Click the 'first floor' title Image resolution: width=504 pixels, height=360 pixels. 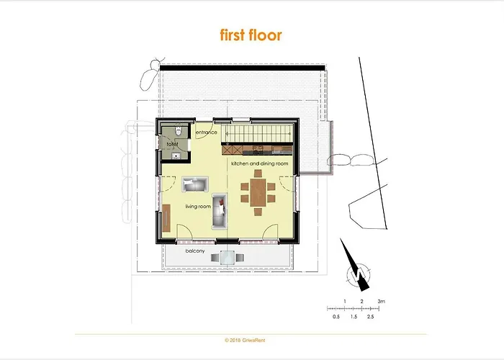pyautogui.click(x=251, y=35)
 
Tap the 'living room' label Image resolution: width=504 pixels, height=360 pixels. pyautogui.click(x=198, y=207)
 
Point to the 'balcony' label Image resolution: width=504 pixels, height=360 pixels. pyautogui.click(x=195, y=251)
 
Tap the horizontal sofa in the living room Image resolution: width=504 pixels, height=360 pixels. pyautogui.click(x=194, y=184)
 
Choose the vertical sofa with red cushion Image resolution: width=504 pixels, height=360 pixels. pyautogui.click(x=221, y=211)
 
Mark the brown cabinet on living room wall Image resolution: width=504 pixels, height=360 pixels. pyautogui.click(x=166, y=217)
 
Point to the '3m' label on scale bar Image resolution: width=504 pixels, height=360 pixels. pyautogui.click(x=382, y=300)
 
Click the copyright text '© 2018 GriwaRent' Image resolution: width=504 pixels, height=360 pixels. pyautogui.click(x=251, y=339)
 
